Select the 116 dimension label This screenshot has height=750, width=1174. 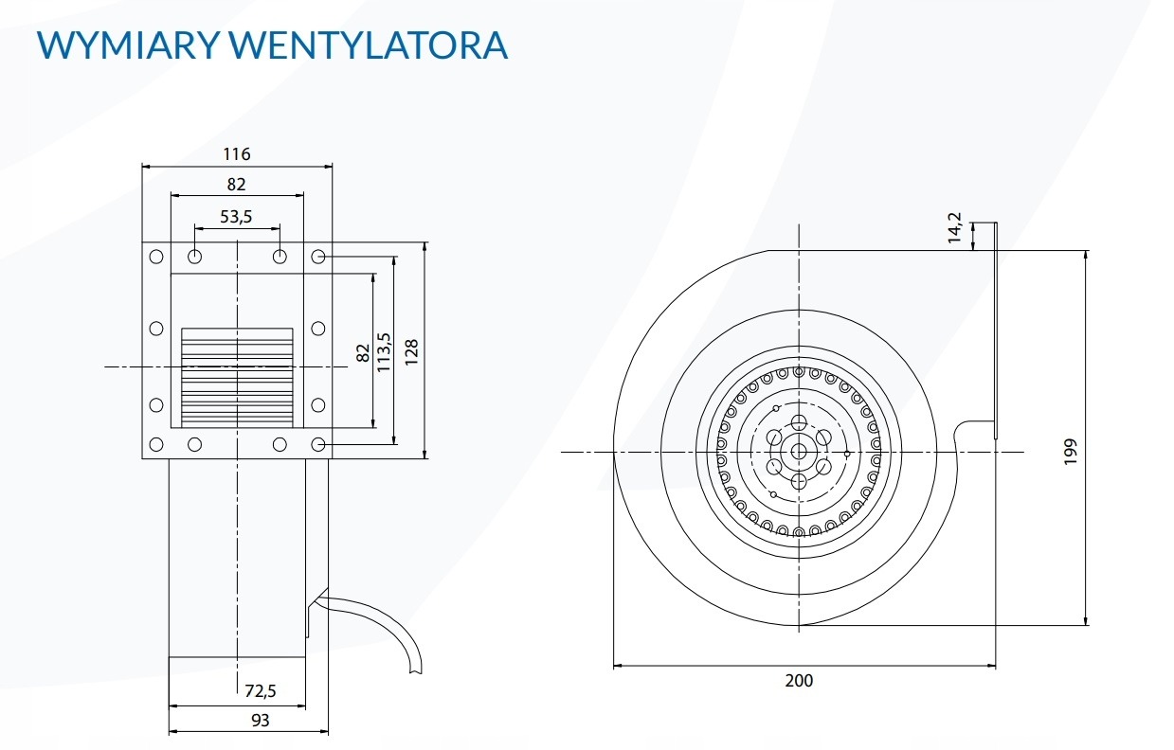[x=237, y=154]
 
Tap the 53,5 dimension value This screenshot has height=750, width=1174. [x=236, y=217]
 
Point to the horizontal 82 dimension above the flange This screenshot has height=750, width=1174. [x=237, y=185]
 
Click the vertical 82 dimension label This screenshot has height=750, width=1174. [x=363, y=352]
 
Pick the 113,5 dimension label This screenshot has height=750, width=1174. [x=384, y=351]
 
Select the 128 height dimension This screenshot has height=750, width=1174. [x=411, y=351]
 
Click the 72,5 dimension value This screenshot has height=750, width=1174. [x=262, y=691]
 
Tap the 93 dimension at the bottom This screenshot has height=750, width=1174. [x=261, y=721]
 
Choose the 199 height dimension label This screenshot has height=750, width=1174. [x=1070, y=452]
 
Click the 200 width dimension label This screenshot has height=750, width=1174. [x=799, y=680]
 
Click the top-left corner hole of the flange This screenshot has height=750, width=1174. [x=156, y=257]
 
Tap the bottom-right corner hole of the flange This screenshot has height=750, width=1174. [x=318, y=443]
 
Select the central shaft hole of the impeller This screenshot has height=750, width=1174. [x=799, y=452]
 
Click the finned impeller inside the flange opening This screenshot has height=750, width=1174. [x=237, y=375]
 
